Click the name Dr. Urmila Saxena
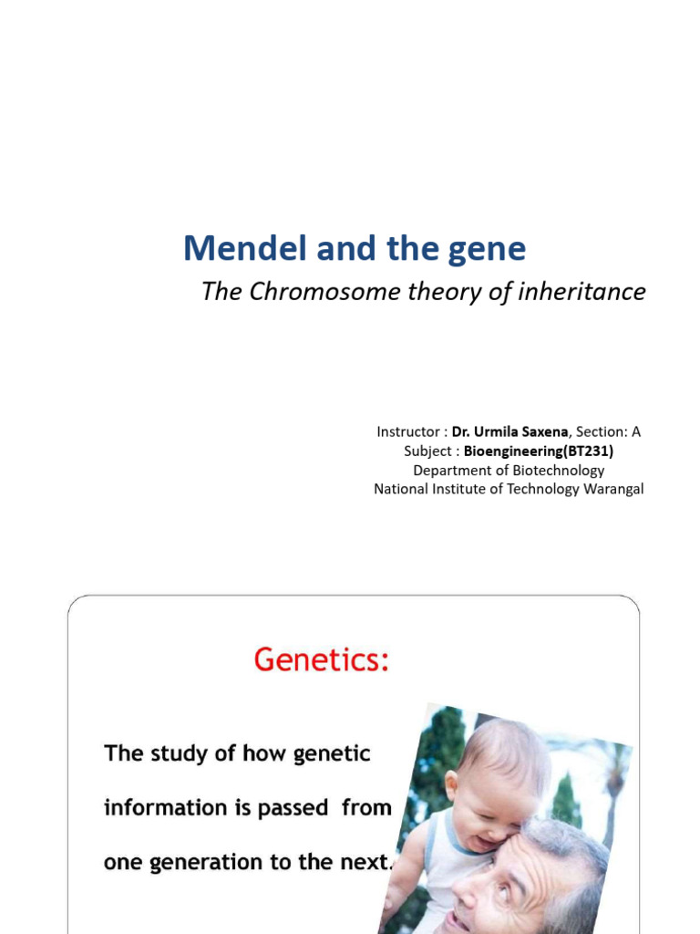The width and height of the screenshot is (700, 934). [x=510, y=431]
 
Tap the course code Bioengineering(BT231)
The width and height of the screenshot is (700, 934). [x=539, y=451]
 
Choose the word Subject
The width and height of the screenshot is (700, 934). [x=428, y=451]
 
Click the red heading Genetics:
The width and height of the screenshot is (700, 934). [x=321, y=659]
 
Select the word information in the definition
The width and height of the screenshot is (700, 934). [x=165, y=808]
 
